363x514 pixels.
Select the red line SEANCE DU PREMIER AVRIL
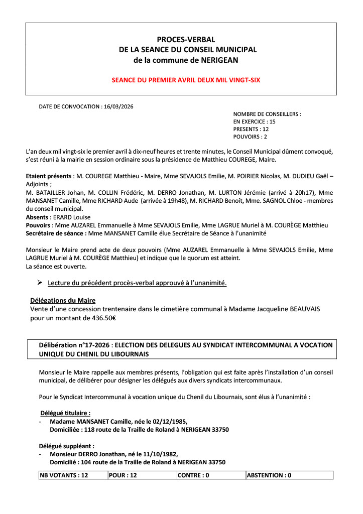point(186,79)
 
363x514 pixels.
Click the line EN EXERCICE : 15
point(255,121)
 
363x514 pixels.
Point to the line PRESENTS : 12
point(251,129)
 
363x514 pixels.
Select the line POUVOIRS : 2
point(250,137)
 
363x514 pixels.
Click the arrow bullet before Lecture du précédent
point(40,283)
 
